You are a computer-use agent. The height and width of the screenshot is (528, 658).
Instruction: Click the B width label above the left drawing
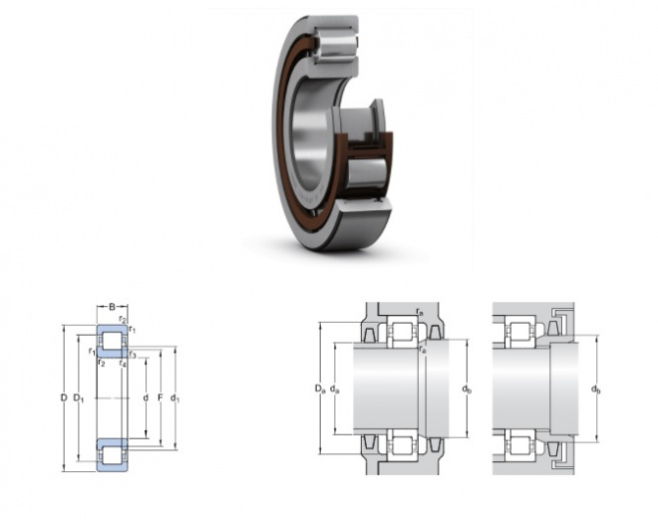(112, 307)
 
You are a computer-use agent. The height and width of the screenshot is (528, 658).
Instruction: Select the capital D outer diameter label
(64, 397)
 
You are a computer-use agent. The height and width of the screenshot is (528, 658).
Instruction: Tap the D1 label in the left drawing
(79, 397)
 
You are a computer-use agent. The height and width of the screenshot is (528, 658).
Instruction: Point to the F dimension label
(160, 397)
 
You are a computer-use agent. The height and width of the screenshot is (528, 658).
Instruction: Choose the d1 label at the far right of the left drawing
(174, 397)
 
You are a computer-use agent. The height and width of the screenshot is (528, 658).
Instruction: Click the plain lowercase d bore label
(146, 397)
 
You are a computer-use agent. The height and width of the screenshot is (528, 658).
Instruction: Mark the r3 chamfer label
(133, 356)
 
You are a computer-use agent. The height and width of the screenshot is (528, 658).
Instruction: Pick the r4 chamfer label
(123, 364)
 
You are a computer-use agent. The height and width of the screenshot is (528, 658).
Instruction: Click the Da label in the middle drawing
(320, 390)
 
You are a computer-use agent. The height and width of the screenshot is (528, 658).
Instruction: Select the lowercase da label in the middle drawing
(334, 390)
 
